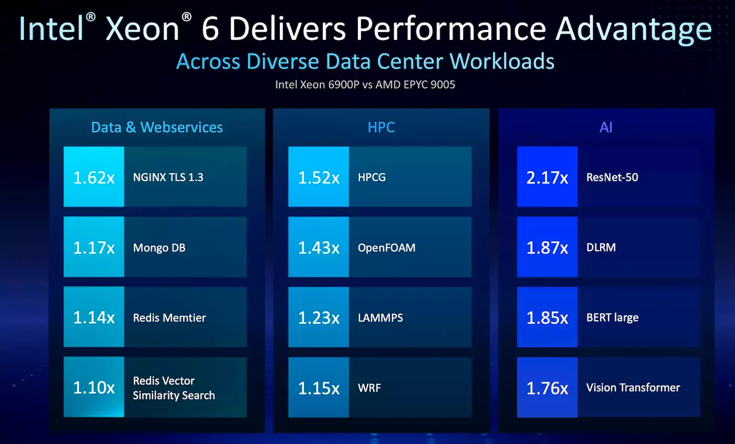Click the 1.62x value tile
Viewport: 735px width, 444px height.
(x=94, y=177)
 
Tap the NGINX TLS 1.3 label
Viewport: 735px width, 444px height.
(x=168, y=177)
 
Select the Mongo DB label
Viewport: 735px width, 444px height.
(x=159, y=248)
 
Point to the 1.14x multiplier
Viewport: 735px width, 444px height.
(x=94, y=317)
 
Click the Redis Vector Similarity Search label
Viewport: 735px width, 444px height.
(x=174, y=388)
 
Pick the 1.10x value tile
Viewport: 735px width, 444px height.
(x=94, y=388)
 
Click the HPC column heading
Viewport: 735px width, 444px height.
(x=381, y=127)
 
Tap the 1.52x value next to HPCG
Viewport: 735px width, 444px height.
(x=318, y=177)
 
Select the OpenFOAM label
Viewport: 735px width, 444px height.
(x=386, y=248)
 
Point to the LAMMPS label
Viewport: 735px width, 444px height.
(x=380, y=317)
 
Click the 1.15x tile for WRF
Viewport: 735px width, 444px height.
(x=318, y=388)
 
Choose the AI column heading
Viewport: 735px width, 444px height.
(x=606, y=127)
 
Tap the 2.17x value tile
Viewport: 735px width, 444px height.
(x=547, y=177)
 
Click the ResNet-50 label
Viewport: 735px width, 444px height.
(x=612, y=177)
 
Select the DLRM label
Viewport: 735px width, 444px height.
(x=601, y=248)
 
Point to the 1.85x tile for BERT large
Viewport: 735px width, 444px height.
(x=547, y=317)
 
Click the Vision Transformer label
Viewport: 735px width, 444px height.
(x=633, y=388)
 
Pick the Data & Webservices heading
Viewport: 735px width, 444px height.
(x=157, y=127)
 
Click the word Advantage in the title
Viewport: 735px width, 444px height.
(x=633, y=29)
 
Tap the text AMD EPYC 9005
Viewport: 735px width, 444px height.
(x=415, y=84)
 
